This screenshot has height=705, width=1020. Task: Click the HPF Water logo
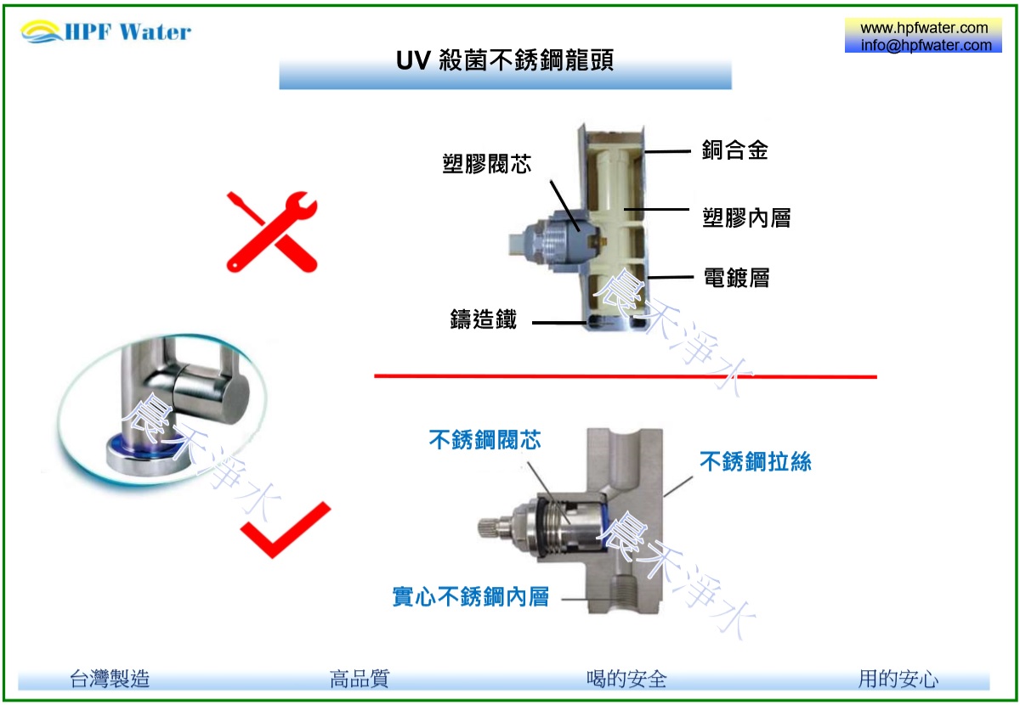tap(106, 31)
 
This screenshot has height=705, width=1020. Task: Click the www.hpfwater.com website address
tap(924, 28)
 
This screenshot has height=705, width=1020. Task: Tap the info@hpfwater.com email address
tap(926, 45)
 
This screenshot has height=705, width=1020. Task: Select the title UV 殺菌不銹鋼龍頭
tap(505, 60)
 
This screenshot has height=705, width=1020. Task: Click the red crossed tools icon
tap(272, 232)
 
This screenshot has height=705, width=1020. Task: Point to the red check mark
tap(286, 530)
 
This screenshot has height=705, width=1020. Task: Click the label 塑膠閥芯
tap(487, 164)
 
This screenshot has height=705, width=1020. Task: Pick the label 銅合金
tap(735, 149)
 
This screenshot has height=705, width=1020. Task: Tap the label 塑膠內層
tap(746, 217)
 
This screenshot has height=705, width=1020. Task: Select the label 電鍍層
tap(736, 278)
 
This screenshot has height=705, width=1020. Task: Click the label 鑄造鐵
tap(484, 319)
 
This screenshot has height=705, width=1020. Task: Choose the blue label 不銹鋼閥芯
tap(485, 440)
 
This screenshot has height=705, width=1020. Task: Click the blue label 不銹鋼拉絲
tap(756, 461)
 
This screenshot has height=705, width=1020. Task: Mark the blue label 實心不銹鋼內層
tap(471, 596)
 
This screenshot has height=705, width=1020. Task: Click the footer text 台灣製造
tap(110, 679)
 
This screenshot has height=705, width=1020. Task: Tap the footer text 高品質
tap(360, 679)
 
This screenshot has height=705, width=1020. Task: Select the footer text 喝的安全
tap(626, 679)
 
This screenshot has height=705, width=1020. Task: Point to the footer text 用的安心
tap(898, 679)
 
